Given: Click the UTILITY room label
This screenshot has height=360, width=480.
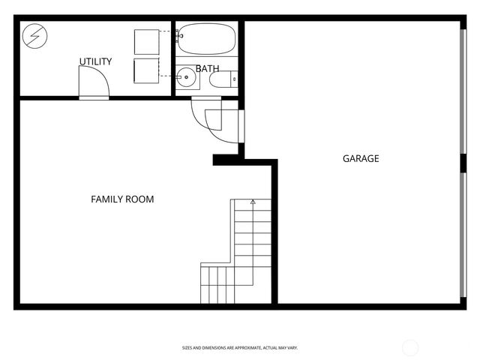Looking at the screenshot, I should tap(96, 61).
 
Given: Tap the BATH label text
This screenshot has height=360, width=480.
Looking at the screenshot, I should tap(208, 69).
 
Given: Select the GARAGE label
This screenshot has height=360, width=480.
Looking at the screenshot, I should tap(361, 159).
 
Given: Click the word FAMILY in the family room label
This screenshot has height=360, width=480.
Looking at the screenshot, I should tap(106, 199).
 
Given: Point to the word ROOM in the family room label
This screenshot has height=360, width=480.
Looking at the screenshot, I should tap(139, 199).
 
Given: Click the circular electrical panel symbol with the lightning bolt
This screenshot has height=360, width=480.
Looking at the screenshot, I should tap(34, 34).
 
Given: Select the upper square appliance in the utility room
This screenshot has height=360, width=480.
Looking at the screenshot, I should tap(146, 41).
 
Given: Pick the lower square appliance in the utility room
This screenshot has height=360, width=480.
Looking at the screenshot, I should tap(146, 70).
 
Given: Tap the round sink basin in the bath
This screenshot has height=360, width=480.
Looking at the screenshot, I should tap(187, 76).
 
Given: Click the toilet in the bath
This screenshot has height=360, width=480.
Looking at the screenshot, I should tap(222, 77).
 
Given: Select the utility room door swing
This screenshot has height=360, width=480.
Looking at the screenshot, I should tap(93, 81).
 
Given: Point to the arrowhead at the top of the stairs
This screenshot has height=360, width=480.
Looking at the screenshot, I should tap(253, 202).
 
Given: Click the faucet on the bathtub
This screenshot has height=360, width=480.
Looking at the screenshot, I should tap(179, 34).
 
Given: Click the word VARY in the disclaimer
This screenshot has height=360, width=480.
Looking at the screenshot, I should tap(293, 347).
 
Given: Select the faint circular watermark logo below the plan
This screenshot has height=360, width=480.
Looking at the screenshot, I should tap(410, 347).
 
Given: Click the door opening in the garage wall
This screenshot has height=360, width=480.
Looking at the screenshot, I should tap(241, 127).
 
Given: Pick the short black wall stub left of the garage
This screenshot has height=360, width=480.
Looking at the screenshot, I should tap(225, 159).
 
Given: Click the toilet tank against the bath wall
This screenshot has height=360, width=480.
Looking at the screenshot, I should tap(234, 77).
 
